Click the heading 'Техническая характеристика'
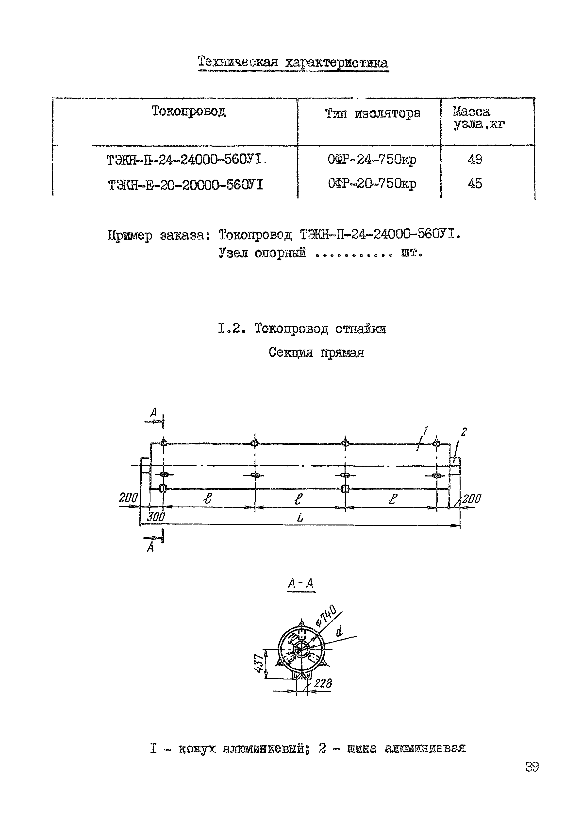293,63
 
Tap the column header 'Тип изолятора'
373,114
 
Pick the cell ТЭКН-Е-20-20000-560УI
185,185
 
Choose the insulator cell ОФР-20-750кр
372,184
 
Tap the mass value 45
475,184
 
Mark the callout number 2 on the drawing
464,432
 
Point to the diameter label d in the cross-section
339,631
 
